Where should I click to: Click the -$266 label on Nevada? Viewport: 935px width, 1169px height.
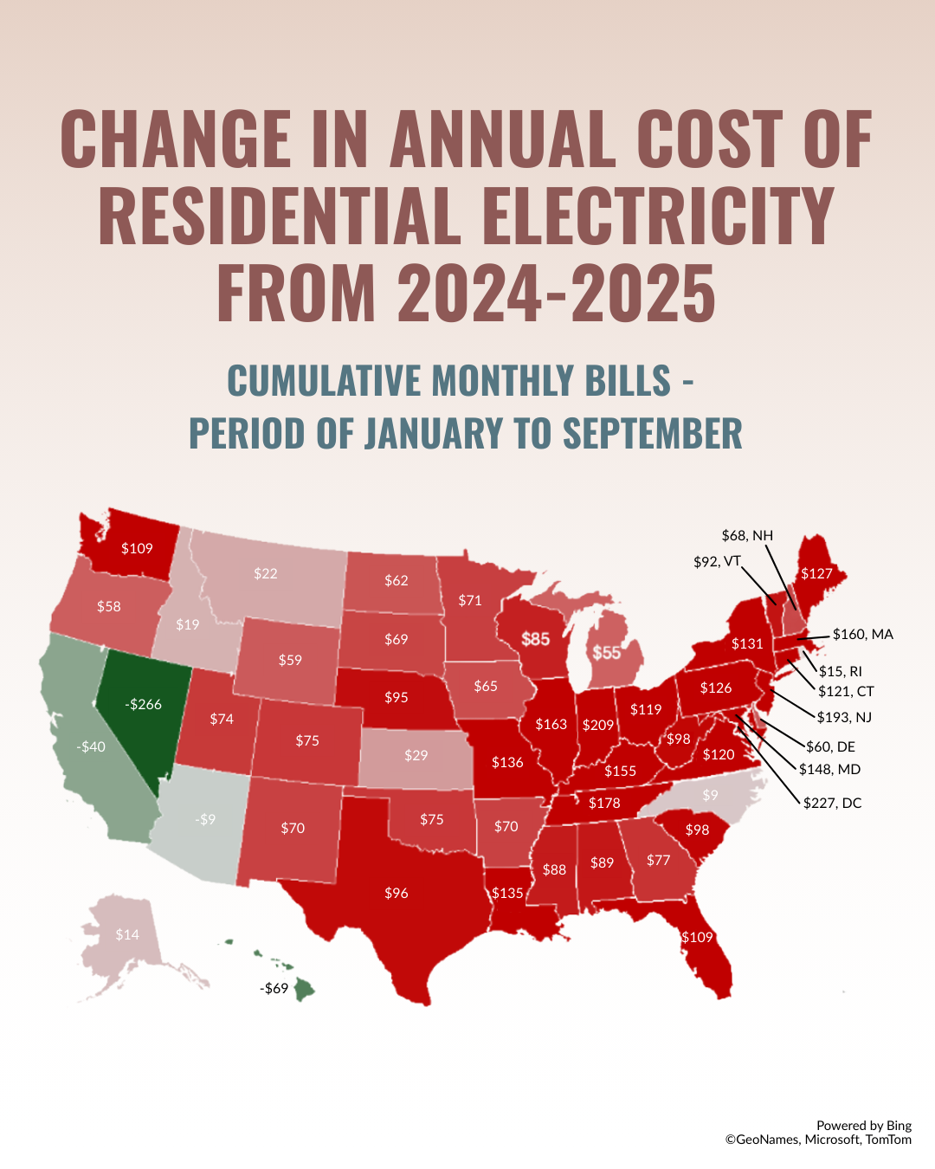(x=144, y=705)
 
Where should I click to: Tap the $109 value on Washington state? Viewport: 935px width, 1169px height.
(x=137, y=548)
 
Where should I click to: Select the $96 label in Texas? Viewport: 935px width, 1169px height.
(x=396, y=893)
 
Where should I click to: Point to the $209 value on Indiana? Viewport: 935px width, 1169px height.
(x=598, y=725)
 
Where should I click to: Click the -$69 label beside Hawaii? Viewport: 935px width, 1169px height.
(x=274, y=988)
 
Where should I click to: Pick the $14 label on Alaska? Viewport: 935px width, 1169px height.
(x=127, y=934)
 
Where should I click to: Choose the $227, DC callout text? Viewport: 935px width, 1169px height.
(x=832, y=803)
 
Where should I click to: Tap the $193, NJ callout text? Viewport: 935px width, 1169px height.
(x=844, y=717)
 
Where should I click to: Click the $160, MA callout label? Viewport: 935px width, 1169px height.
(x=862, y=635)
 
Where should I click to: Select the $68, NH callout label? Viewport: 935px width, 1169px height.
(x=747, y=535)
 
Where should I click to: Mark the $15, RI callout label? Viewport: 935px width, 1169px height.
(x=840, y=671)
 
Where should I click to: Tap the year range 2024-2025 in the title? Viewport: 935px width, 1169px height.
(x=557, y=293)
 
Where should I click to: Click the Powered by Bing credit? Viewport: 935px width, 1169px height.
(x=863, y=1126)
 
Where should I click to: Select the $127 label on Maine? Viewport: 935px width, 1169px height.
(x=816, y=573)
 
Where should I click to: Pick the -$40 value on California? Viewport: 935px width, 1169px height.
(x=91, y=746)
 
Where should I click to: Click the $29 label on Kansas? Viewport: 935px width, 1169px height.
(x=416, y=755)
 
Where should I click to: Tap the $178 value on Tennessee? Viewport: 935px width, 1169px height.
(x=604, y=803)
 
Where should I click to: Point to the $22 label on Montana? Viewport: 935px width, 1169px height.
(x=266, y=573)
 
